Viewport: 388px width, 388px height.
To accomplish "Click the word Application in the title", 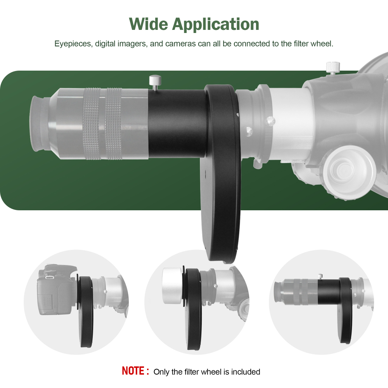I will click(x=216, y=25).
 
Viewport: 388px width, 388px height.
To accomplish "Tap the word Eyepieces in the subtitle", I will click(x=72, y=44).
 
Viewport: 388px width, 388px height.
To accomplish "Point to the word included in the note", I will click(x=245, y=372).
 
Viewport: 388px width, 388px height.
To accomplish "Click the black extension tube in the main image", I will click(x=177, y=123).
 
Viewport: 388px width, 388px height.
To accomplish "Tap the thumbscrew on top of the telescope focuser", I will click(x=333, y=67).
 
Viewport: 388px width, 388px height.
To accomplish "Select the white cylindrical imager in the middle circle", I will click(x=171, y=285).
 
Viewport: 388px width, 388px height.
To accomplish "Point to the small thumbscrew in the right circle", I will click(x=321, y=276).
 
